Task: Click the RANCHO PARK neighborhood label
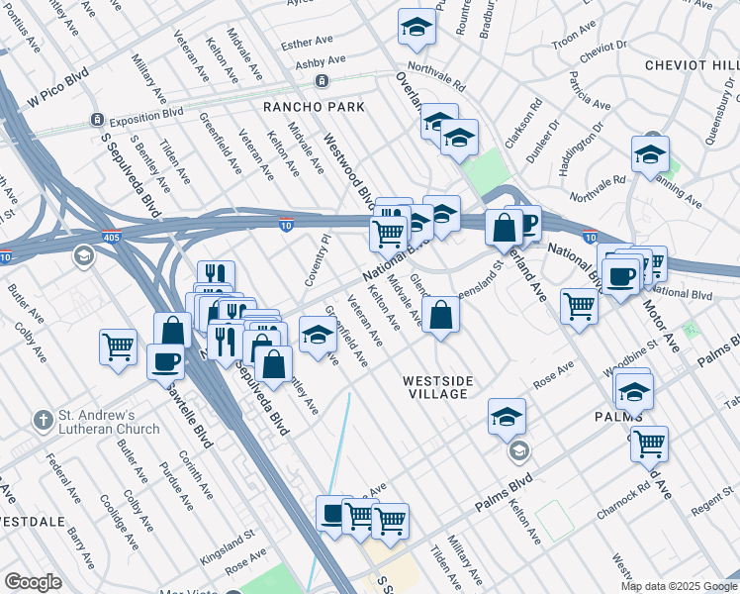pos(314,106)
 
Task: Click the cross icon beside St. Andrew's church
pos(43,420)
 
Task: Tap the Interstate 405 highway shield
pos(111,239)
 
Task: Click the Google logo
pos(33,582)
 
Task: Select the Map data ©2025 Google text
pos(678,586)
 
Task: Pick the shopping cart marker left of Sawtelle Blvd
pos(118,347)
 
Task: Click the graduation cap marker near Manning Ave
pos(650,154)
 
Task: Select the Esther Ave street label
pos(308,44)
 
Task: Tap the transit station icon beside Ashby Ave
pos(321,80)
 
